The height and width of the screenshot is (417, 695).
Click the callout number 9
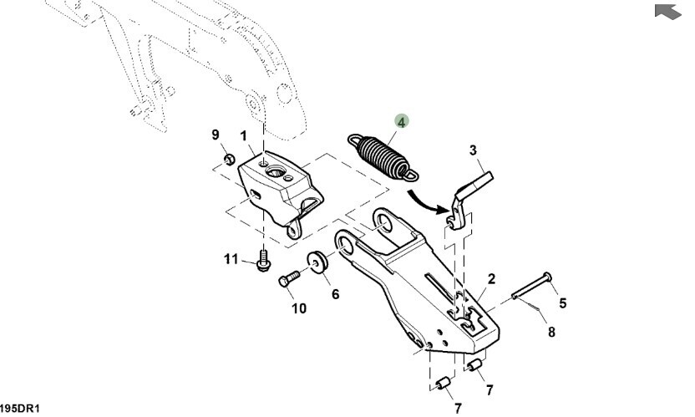click(215, 135)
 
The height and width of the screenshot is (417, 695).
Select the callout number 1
click(244, 135)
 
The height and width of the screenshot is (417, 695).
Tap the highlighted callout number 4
click(402, 122)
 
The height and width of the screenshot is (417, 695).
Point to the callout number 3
click(473, 150)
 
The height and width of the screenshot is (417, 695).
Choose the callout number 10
click(298, 308)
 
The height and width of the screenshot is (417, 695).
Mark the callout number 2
click(492, 278)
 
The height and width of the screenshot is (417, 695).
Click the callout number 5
click(562, 303)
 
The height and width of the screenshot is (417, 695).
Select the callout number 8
click(551, 332)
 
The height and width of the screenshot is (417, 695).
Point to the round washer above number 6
click(317, 262)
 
